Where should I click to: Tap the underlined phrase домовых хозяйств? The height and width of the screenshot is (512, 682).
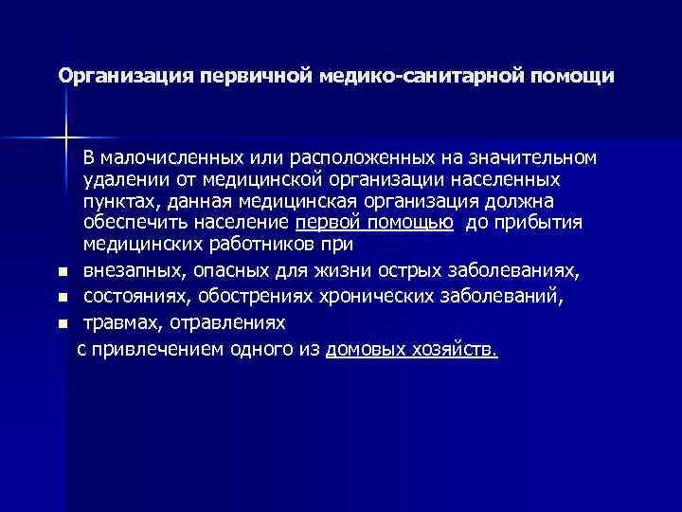[410, 349]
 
